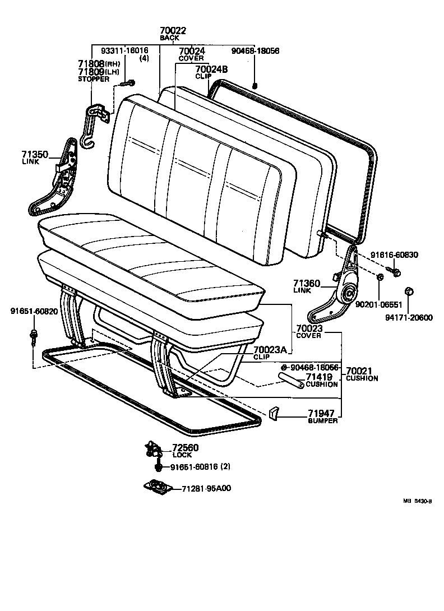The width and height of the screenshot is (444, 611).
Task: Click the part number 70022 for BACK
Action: point(173,31)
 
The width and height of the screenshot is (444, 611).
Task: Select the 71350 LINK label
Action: point(35,155)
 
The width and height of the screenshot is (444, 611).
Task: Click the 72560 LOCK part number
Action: point(185,448)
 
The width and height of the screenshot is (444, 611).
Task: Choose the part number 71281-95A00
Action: point(206,489)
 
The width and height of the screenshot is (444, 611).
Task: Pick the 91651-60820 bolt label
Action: point(34,312)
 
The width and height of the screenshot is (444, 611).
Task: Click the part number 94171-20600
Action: point(409,317)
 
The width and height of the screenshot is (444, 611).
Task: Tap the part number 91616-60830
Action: point(394,255)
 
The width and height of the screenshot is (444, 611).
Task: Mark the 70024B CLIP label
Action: point(212,70)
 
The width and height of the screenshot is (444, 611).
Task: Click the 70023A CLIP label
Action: point(270,350)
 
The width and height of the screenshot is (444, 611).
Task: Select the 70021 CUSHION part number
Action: point(362,371)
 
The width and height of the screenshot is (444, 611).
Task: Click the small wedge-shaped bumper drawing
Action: point(274,414)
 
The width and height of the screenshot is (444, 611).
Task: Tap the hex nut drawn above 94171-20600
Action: point(409,291)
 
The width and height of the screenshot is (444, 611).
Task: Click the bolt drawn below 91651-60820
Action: point(34,337)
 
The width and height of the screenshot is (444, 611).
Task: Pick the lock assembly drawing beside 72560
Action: point(152,448)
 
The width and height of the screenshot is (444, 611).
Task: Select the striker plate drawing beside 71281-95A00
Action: point(156,488)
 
